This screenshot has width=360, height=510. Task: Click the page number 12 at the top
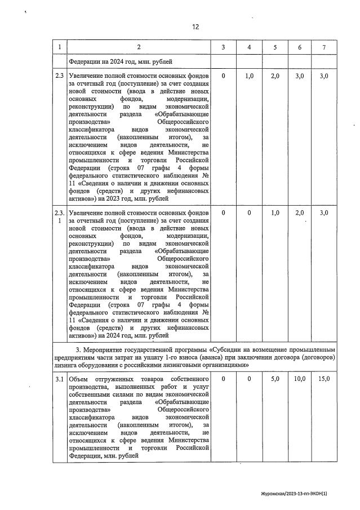tap(195, 26)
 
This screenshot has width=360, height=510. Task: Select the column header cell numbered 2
tap(139, 47)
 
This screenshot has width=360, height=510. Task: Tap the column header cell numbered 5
tap(275, 47)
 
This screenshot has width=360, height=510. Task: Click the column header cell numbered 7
tap(324, 47)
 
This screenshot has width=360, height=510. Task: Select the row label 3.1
tap(60, 379)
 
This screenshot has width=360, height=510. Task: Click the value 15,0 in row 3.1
tap(324, 379)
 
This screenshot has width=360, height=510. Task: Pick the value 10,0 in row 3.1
tap(300, 379)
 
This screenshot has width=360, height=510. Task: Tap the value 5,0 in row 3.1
tap(275, 379)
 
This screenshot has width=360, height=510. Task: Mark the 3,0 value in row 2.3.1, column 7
tap(324, 212)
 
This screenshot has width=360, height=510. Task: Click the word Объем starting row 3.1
tap(79, 379)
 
